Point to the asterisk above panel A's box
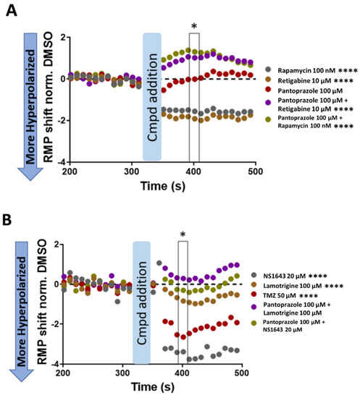coord(193,27)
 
